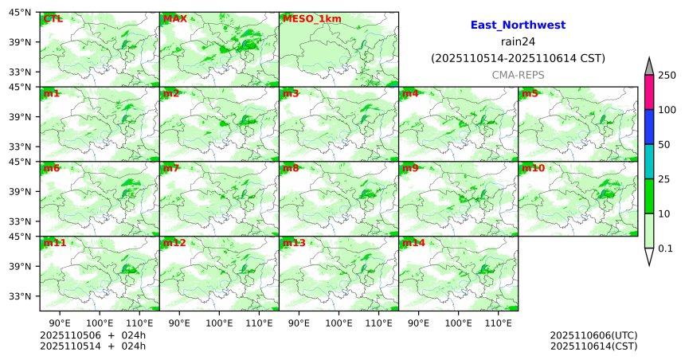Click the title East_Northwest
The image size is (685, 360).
pos(518,25)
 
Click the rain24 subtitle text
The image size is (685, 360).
pos(518,41)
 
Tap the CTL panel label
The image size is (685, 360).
pos(53,18)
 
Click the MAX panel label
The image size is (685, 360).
pos(174,18)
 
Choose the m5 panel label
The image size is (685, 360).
pos(530,94)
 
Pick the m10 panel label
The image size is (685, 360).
pos(533,169)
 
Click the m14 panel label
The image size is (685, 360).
pos(413,243)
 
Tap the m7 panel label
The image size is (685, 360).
pos(171,169)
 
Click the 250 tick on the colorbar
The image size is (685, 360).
pos(668,76)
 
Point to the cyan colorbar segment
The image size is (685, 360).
pos(649,162)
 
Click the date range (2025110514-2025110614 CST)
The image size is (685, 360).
pos(518,58)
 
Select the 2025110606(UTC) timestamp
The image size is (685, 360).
pos(593,335)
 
